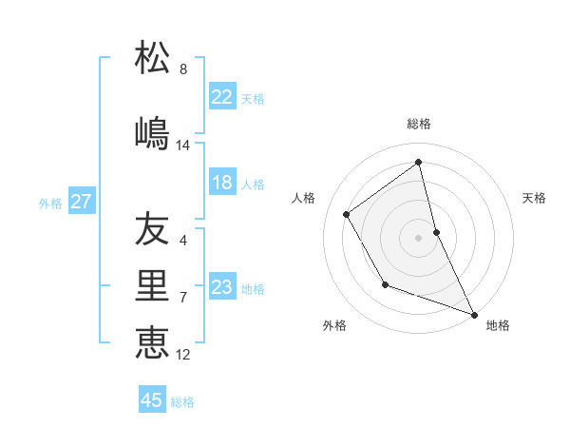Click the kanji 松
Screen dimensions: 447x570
click(x=152, y=58)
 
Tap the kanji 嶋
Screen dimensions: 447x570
click(x=152, y=132)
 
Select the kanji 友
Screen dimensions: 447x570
click(x=152, y=229)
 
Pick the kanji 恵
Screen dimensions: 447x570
click(x=152, y=341)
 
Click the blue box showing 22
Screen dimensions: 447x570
click(x=222, y=96)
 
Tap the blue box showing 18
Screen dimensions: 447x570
click(x=222, y=183)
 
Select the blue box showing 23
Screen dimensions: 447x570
click(x=222, y=287)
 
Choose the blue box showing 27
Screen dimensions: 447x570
click(x=81, y=202)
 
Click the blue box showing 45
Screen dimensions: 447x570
click(x=152, y=400)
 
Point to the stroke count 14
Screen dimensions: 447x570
click(x=183, y=146)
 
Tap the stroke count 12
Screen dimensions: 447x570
click(x=183, y=355)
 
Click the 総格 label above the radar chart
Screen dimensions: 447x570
click(x=418, y=124)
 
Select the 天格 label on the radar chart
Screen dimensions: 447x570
click(x=534, y=198)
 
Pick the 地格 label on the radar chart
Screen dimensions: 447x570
click(x=498, y=325)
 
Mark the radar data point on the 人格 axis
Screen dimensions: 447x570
click(x=346, y=214)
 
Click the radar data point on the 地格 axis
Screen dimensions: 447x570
click(x=475, y=315)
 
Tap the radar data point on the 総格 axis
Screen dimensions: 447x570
click(x=418, y=162)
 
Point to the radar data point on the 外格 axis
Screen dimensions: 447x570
click(x=385, y=284)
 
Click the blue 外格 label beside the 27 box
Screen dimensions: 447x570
click(x=50, y=203)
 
